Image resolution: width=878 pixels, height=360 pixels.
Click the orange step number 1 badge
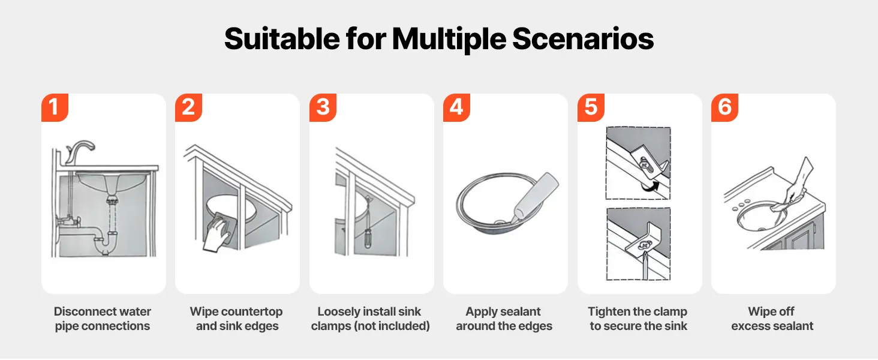55,107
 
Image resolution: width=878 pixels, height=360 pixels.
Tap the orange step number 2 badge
188,107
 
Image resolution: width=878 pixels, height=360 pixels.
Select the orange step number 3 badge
323,107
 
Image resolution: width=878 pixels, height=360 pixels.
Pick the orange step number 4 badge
456,107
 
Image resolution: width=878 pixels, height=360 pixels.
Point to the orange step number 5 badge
591,107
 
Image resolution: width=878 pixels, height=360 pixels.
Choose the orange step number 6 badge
724,107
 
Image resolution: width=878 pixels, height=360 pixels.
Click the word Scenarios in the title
583,39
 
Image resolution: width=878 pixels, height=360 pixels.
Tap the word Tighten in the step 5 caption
607,311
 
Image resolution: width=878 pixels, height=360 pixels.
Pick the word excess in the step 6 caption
748,326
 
